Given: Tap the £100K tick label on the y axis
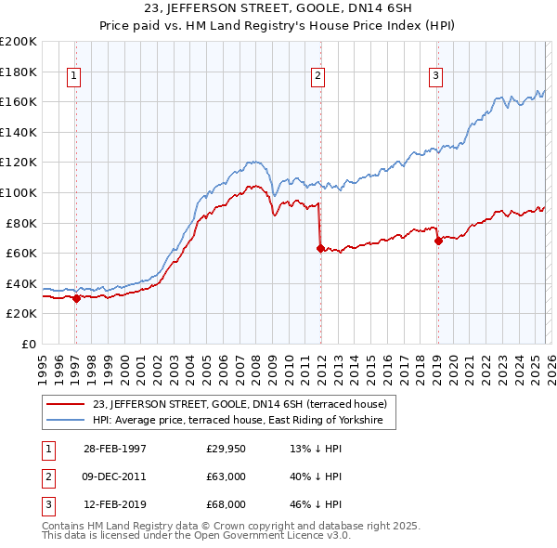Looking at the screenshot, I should coord(19,192).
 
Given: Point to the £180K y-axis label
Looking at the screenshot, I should coord(19,72).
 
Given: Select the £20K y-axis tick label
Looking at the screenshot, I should coord(21,314).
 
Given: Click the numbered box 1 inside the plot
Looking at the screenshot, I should coord(72,77).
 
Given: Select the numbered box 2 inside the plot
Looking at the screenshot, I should coord(317,77).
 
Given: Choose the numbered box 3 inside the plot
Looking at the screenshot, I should coord(435,77).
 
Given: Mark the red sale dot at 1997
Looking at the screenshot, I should coord(76,298).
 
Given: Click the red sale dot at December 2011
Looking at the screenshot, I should coord(319,248).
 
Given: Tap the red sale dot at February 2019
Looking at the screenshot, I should coord(437,241).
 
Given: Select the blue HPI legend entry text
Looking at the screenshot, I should coord(244,421).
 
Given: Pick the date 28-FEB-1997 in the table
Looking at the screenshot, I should coord(115,449).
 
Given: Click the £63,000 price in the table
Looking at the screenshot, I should coord(227,476).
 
